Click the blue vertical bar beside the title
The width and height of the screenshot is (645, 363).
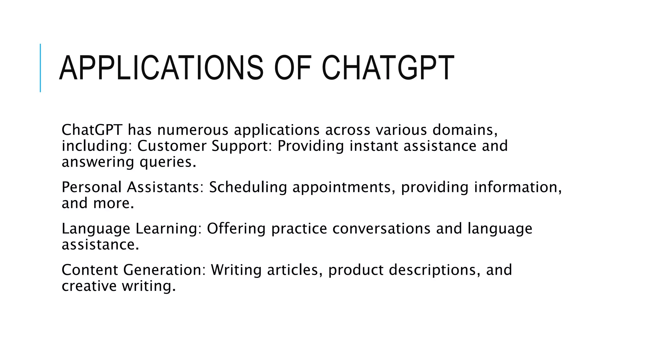tap(40, 68)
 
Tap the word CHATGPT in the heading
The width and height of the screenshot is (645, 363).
tap(388, 68)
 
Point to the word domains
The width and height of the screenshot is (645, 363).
tap(465, 130)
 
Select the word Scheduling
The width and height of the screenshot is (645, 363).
tap(248, 187)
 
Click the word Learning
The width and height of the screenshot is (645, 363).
tap(168, 229)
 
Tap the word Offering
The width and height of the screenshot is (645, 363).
tap(236, 229)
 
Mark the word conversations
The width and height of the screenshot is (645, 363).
tap(381, 229)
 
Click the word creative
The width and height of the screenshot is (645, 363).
tap(89, 286)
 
